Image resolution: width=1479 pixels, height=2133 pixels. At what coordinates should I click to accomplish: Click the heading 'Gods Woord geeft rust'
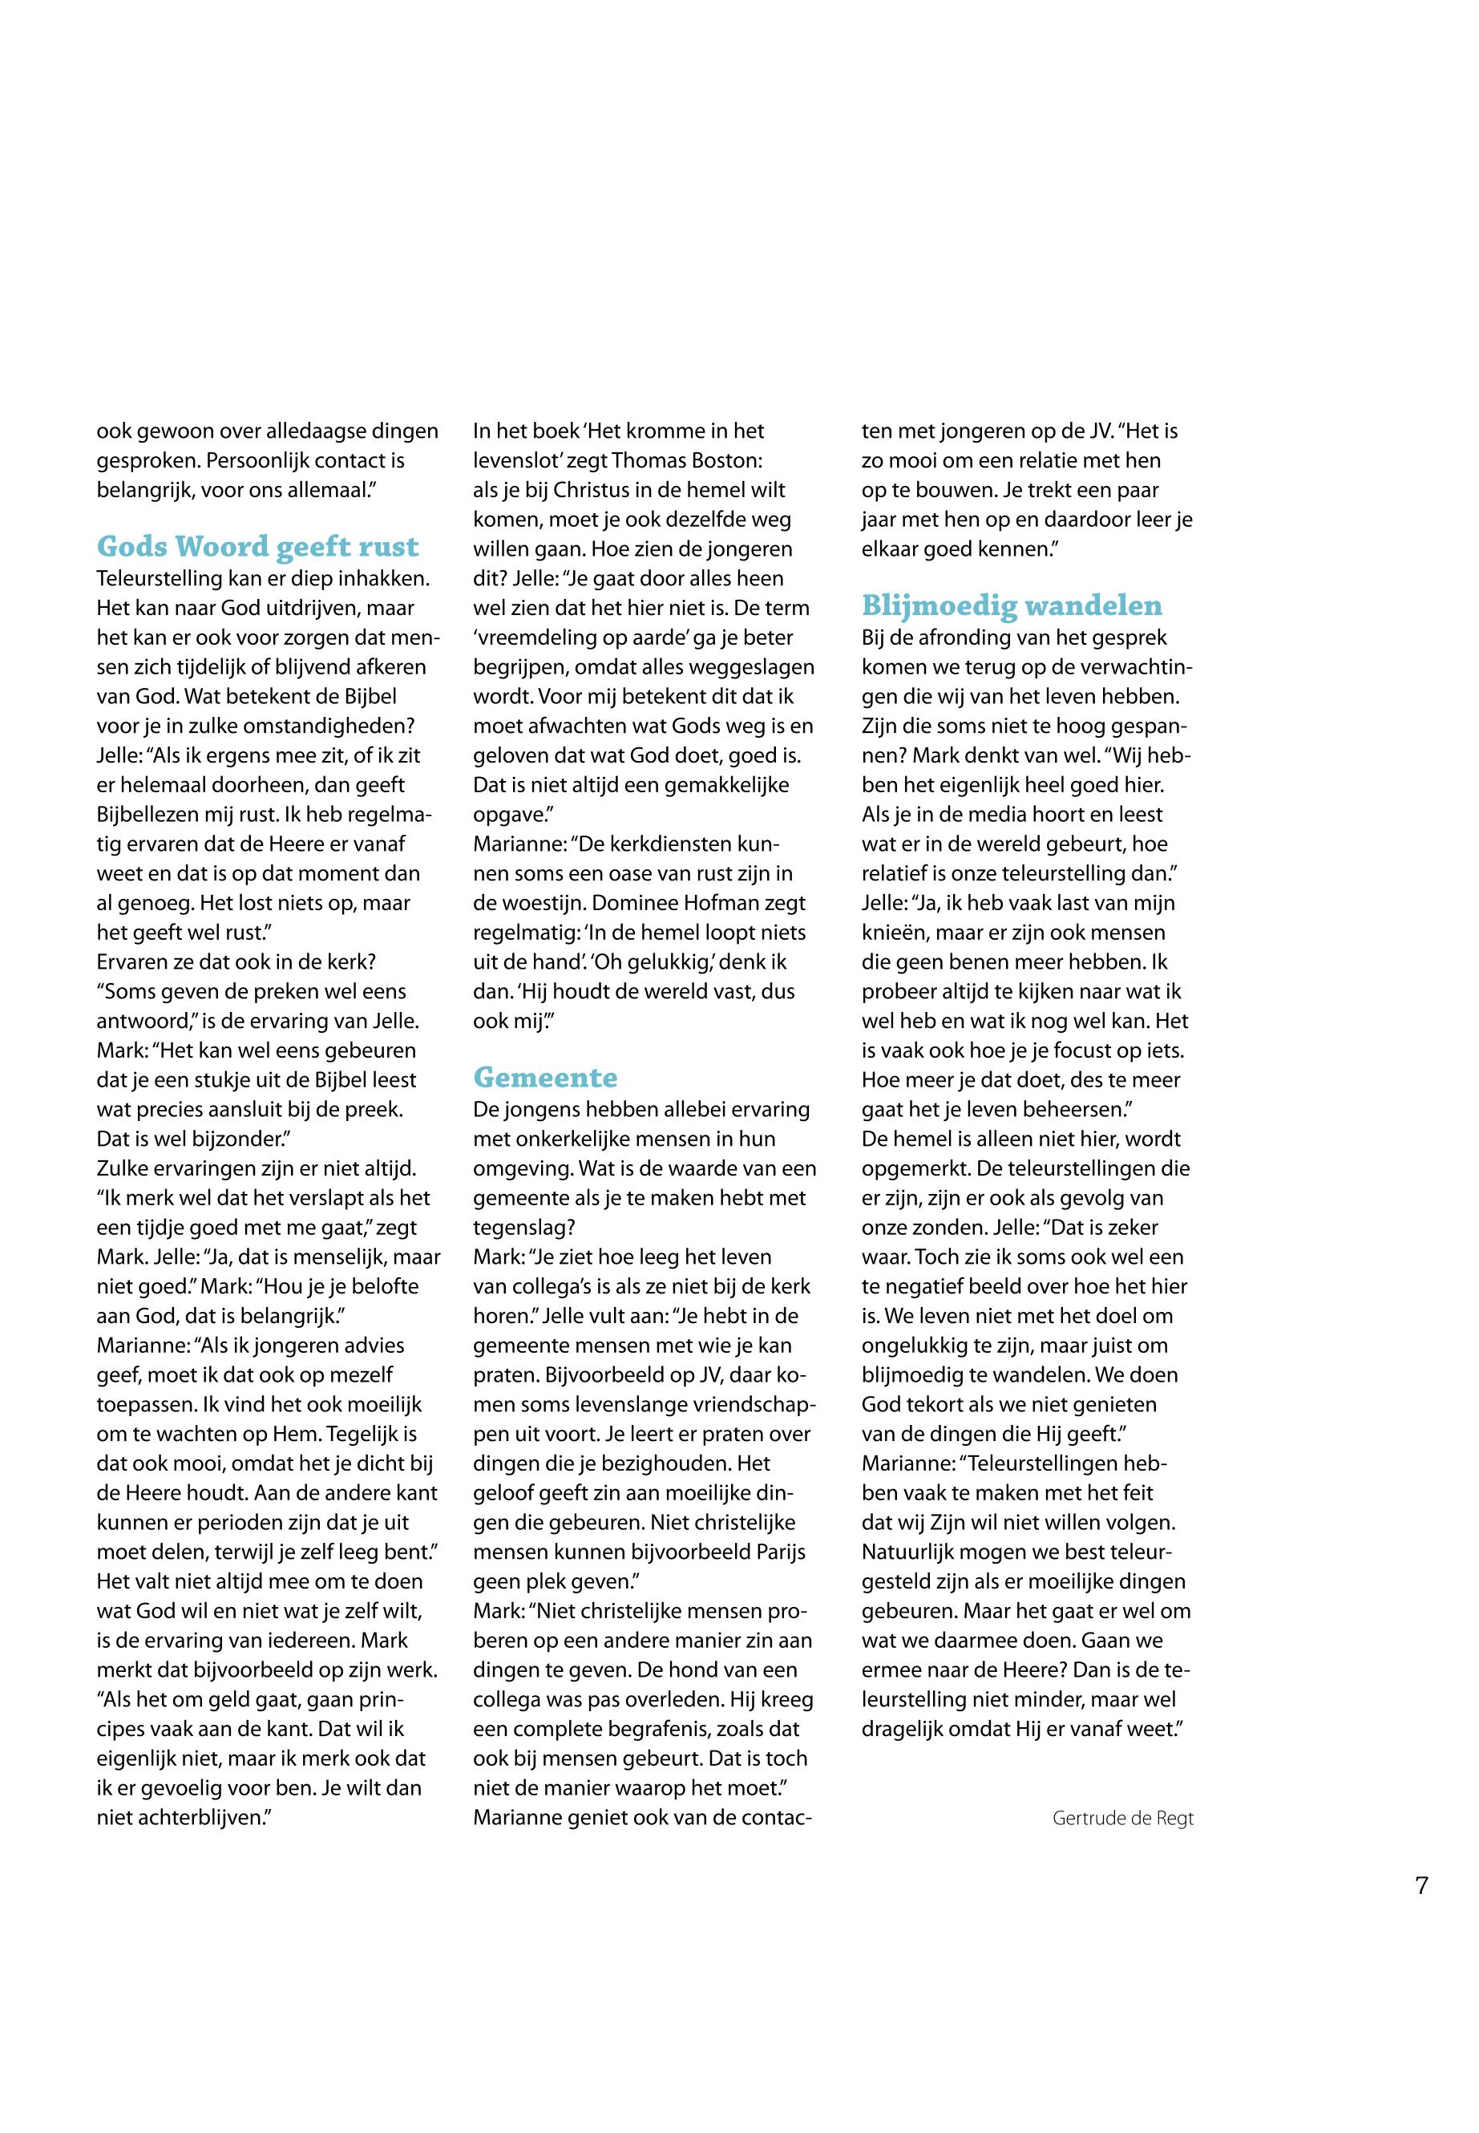257,547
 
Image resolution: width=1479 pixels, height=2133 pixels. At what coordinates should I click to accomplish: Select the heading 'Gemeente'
545,1077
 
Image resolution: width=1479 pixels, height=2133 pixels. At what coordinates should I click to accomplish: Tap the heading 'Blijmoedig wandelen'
1012,605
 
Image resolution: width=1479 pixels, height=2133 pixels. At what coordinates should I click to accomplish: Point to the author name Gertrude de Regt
1122,1819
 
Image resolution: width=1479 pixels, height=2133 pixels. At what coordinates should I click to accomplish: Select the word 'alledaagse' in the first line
321,431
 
